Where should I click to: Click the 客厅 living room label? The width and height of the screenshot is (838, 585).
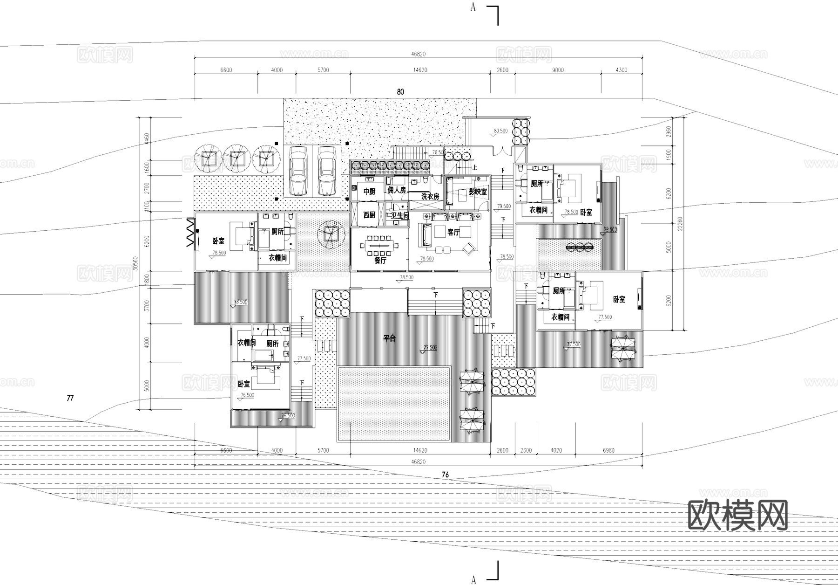point(453,232)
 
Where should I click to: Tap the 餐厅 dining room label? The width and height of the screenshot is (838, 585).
point(380,261)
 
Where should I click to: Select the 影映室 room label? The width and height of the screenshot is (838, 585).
point(478,192)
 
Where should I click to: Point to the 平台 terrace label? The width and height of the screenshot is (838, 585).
point(390,338)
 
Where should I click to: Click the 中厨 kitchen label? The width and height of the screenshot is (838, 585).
point(369,192)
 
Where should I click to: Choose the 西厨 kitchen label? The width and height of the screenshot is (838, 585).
point(369,215)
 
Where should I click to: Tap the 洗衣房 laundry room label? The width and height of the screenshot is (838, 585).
point(430,197)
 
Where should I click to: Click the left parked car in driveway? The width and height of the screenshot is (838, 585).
point(297,171)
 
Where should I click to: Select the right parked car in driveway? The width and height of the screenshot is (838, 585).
point(327,171)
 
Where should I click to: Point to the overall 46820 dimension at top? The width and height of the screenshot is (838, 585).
point(418,54)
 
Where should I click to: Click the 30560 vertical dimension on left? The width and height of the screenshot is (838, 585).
point(135,263)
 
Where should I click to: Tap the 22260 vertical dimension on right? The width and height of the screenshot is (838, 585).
point(681,227)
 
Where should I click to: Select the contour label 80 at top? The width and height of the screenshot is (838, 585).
point(400,92)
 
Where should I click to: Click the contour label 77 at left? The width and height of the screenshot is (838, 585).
point(70,399)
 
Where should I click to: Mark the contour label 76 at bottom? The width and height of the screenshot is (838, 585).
point(445,475)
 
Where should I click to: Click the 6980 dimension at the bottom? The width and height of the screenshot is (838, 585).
point(608,450)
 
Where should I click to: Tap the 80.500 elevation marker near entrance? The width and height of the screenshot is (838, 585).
point(500,131)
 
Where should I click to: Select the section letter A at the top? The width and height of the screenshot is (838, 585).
point(473,7)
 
